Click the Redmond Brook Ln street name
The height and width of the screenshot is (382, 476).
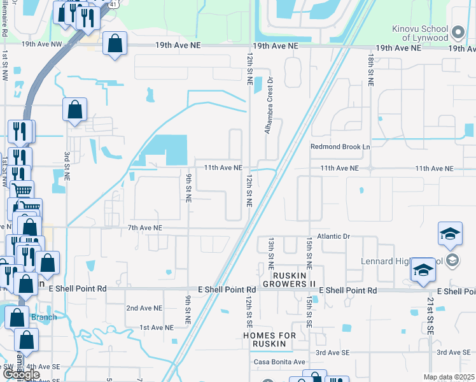(340, 146)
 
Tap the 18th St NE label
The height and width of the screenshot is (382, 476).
(370, 69)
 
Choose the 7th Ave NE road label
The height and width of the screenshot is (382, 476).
(145, 227)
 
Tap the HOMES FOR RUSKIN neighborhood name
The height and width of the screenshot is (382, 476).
(269, 339)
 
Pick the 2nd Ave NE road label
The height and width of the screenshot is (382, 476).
(144, 308)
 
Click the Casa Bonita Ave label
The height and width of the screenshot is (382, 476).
(279, 362)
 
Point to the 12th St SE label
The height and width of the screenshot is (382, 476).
(250, 311)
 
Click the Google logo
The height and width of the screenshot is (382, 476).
(22, 374)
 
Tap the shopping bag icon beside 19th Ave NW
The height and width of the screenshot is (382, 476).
(115, 45)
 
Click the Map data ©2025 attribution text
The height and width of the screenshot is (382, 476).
(449, 377)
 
